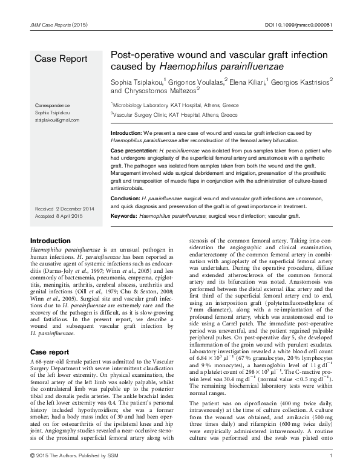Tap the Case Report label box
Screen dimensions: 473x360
click(61, 59)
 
